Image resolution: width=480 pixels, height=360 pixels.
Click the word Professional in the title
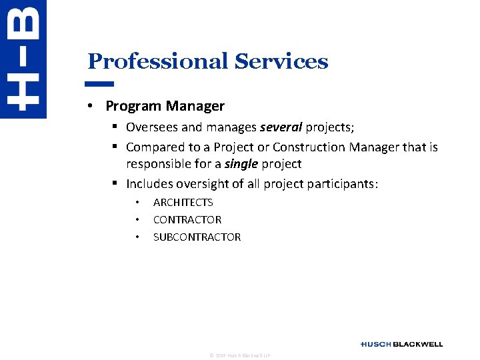click(158, 61)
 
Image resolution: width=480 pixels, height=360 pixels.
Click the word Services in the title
click(281, 61)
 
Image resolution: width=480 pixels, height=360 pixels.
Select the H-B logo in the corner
click(23, 59)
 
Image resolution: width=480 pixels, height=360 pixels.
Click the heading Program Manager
click(165, 106)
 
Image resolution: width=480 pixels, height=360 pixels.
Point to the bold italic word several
click(281, 127)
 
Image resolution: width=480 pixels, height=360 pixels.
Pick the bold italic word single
click(240, 164)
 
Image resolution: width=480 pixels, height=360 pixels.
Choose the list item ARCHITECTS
click(183, 202)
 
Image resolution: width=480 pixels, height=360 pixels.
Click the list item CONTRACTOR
click(187, 219)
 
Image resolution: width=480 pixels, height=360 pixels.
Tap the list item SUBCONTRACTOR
click(197, 237)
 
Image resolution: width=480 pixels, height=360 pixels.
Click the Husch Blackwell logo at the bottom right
click(401, 344)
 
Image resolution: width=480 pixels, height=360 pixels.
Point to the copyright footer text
click(239, 355)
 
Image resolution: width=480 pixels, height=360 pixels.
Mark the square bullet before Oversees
click(115, 127)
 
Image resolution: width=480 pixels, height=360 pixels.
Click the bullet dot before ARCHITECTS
click(136, 203)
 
